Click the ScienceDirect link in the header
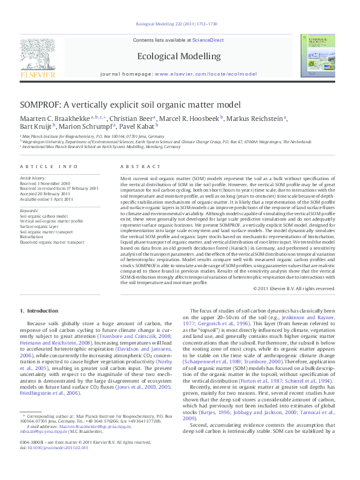(208, 40)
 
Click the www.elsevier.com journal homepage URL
(197, 73)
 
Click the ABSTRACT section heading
(136, 166)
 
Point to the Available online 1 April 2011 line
(47, 198)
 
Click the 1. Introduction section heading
(39, 311)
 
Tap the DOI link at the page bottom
(54, 465)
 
